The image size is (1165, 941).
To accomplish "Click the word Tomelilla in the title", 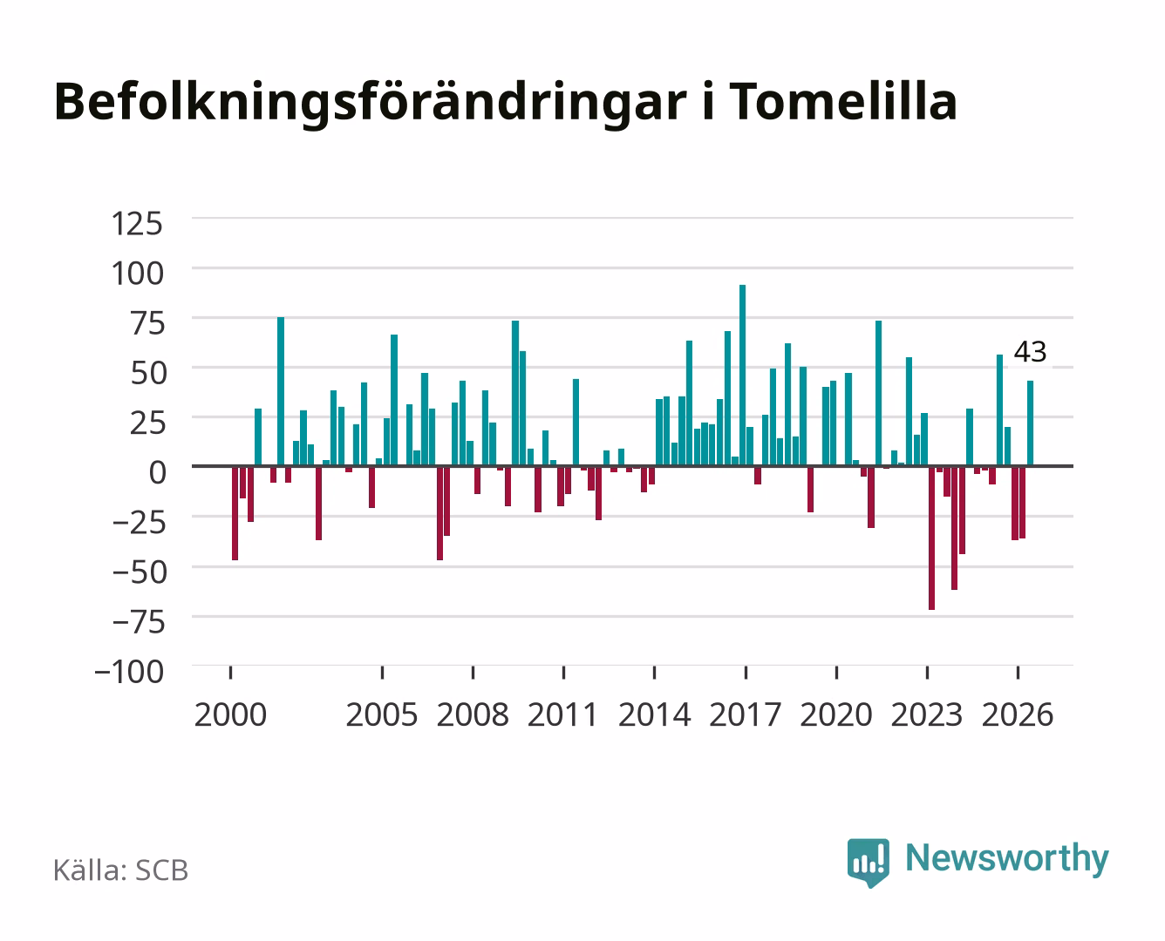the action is point(843,101).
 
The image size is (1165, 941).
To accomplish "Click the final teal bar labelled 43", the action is point(1030,423).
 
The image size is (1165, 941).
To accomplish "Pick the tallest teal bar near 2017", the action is point(742,376).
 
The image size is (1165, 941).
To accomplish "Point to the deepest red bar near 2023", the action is point(931,538).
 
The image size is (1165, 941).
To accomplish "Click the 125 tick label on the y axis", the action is point(137,224).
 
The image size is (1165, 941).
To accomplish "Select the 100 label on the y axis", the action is point(137,274).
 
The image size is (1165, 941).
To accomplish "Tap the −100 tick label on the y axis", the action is point(129,672).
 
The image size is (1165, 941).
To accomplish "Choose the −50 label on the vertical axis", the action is point(139,572).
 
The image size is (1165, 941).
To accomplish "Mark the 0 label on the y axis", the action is point(158,472).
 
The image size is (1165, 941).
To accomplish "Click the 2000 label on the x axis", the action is point(230,714).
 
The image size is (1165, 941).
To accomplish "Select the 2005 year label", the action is point(382,714).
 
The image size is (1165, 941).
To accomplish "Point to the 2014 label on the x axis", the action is point(655,714).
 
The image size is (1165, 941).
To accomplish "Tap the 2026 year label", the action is point(1018,714).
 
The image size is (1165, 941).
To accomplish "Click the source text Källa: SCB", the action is point(121,870).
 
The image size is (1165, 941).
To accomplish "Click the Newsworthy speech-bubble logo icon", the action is point(868,863).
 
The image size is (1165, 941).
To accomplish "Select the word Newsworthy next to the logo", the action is point(1007,859).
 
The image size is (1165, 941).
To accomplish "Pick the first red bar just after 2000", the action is point(235,513).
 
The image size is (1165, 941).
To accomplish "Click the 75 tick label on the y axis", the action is point(147,323).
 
